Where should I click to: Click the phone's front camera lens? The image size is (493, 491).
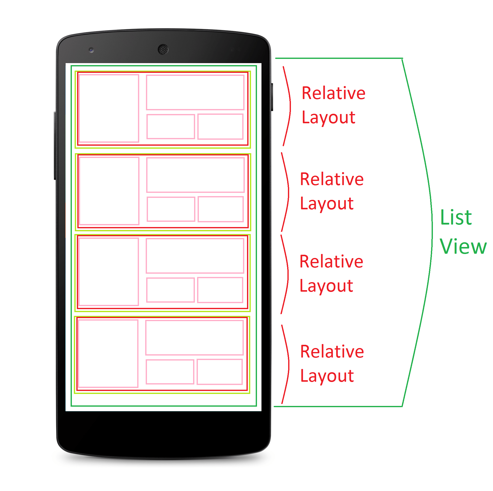[91, 50]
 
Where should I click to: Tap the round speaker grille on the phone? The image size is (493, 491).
[163, 49]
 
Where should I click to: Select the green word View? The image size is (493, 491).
[463, 246]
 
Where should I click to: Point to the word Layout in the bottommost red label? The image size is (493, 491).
[327, 376]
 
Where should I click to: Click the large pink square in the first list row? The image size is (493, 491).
[109, 108]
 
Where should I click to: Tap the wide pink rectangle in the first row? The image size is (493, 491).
[195, 92]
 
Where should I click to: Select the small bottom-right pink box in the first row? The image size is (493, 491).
[221, 127]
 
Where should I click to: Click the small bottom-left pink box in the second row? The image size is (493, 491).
[171, 209]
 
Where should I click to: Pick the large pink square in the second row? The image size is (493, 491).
[109, 191]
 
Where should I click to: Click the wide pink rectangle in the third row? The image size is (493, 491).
[195, 256]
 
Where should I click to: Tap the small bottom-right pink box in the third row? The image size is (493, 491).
[220, 290]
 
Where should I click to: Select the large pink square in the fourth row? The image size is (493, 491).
[109, 354]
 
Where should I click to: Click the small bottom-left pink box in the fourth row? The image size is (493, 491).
[170, 372]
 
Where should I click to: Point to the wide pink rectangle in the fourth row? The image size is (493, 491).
[194, 338]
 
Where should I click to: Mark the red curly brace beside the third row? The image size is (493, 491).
[287, 274]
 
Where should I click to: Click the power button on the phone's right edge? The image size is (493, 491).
[272, 97]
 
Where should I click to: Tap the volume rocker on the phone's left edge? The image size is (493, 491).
[55, 145]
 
